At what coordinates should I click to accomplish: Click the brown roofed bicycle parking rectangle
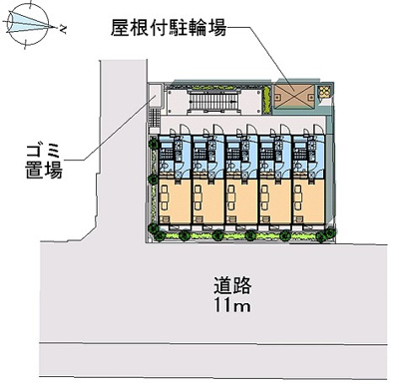[296, 93]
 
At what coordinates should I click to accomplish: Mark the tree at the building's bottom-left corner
[154, 235]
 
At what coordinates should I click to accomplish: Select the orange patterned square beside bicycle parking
[325, 93]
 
